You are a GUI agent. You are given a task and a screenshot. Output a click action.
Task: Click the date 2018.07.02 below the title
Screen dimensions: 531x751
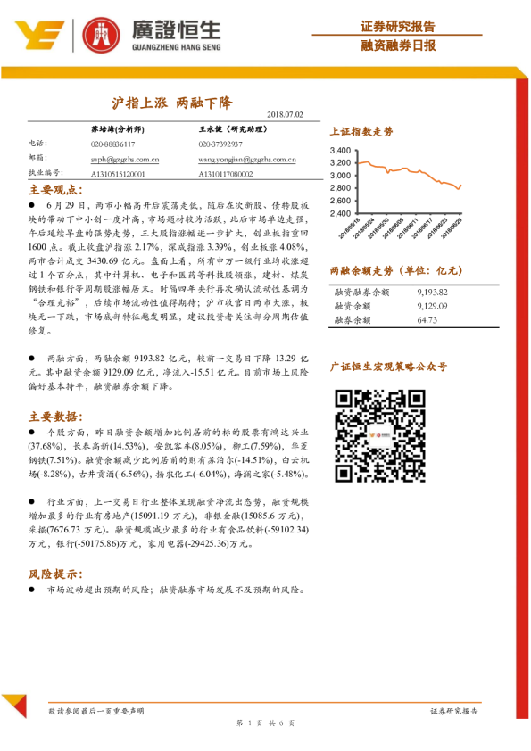(286, 115)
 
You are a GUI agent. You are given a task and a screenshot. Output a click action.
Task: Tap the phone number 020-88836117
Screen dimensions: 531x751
(112, 144)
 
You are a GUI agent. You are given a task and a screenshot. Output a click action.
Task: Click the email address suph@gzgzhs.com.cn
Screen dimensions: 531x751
(125, 159)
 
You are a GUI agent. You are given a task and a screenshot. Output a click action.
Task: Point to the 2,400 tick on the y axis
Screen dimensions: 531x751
(342, 214)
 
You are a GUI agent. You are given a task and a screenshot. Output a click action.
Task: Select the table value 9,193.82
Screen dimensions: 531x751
(432, 292)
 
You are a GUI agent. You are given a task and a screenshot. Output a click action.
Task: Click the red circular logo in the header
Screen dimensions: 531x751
(100, 34)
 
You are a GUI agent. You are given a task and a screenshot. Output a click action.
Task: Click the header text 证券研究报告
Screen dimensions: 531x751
(398, 25)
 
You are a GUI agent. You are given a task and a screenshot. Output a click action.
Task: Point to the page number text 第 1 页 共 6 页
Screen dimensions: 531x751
(265, 722)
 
